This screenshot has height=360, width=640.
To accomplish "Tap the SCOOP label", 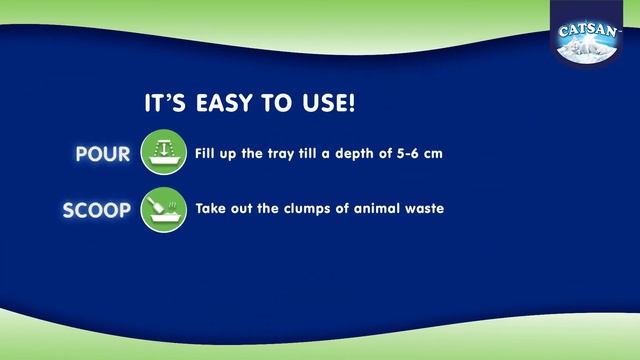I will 97,211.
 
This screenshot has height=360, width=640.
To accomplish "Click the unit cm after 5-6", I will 432,155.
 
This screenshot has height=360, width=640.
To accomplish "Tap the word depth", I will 347,155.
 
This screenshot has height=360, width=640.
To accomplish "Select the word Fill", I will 207,154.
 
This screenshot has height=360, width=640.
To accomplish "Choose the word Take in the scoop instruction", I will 212,210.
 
